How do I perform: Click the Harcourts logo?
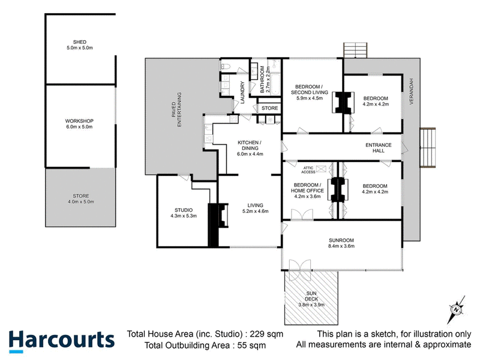[61, 340]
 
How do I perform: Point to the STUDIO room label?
[184, 209]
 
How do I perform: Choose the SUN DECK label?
[311, 294]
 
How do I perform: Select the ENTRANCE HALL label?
[379, 147]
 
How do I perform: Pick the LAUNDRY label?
[242, 92]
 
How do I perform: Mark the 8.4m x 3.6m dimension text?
[340, 246]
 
